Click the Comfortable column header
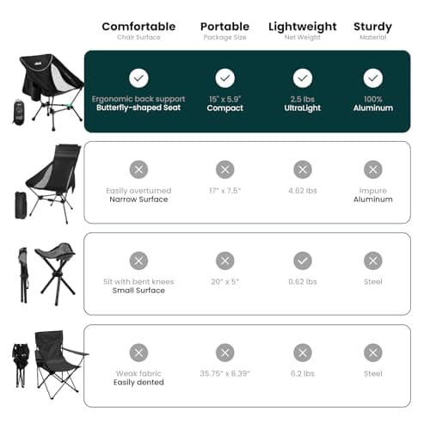pyautogui.click(x=138, y=27)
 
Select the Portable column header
pyautogui.click(x=224, y=27)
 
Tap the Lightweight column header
pyautogui.click(x=302, y=27)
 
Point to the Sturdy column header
pyautogui.click(x=372, y=27)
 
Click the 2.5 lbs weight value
pyautogui.click(x=303, y=99)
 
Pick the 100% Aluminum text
pyautogui.click(x=372, y=103)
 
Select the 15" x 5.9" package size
pyautogui.click(x=224, y=99)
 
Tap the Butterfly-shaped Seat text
pyautogui.click(x=138, y=108)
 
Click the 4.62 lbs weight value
pyautogui.click(x=303, y=190)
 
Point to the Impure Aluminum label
pyautogui.click(x=372, y=194)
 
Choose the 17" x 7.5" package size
pyautogui.click(x=224, y=190)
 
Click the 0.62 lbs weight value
pyautogui.click(x=303, y=281)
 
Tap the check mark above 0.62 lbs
pyautogui.click(x=303, y=261)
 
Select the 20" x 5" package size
pyautogui.click(x=224, y=281)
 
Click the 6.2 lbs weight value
pyautogui.click(x=303, y=373)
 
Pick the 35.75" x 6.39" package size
pyautogui.click(x=224, y=373)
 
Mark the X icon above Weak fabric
pyautogui.click(x=138, y=352)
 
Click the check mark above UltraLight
pyautogui.click(x=303, y=78)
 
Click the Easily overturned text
pyautogui.click(x=138, y=190)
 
